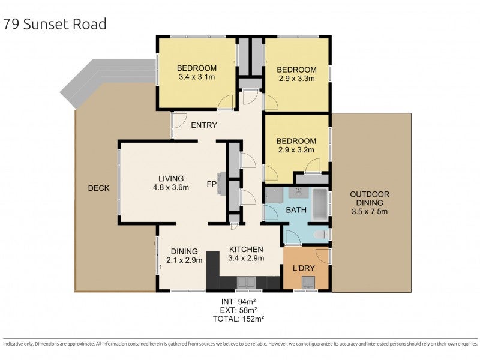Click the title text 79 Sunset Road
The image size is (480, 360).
click(x=55, y=24)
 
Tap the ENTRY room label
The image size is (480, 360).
click(x=204, y=125)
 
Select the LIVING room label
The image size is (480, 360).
click(x=171, y=178)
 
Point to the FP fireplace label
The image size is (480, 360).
click(x=212, y=184)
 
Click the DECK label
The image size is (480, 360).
click(x=98, y=188)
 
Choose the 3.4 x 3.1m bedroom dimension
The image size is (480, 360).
click(x=197, y=77)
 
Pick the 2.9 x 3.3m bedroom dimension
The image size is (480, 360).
click(x=296, y=79)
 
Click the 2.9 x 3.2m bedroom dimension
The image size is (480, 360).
click(x=296, y=150)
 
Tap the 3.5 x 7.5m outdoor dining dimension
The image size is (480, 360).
click(x=370, y=212)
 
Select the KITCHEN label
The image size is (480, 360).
click(x=246, y=250)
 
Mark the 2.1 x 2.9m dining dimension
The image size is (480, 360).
click(x=184, y=260)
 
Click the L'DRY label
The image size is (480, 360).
click(x=304, y=268)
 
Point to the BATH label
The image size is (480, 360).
click(x=296, y=211)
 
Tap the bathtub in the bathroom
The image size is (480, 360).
click(x=320, y=204)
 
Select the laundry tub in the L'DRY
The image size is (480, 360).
click(x=308, y=282)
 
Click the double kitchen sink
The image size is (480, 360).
click(x=247, y=282)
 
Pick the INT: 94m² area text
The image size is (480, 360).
click(x=238, y=301)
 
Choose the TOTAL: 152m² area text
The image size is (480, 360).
click(x=238, y=319)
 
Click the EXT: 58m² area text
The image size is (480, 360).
click(x=238, y=310)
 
